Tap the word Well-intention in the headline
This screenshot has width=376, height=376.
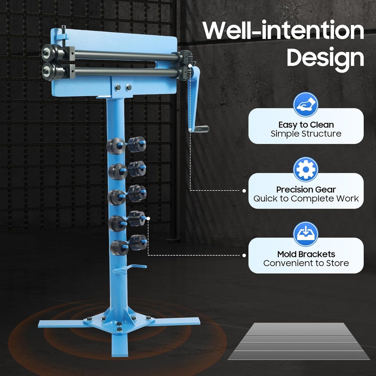pyautogui.click(x=283, y=31)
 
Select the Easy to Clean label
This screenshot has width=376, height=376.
pyautogui.click(x=306, y=125)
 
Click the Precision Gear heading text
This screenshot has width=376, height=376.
pyautogui.click(x=306, y=189)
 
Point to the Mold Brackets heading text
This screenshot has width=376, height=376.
pyautogui.click(x=306, y=254)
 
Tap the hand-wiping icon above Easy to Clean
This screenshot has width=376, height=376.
pyautogui.click(x=305, y=105)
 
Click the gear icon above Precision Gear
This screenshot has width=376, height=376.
pyautogui.click(x=305, y=170)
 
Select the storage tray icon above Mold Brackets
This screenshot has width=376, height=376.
pyautogui.click(x=305, y=234)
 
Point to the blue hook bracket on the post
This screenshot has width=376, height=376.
pyautogui.click(x=130, y=268)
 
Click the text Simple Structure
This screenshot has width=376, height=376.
pyautogui.click(x=306, y=134)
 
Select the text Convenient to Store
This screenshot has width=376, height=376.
pyautogui.click(x=306, y=263)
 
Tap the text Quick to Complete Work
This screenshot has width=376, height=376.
pyautogui.click(x=306, y=199)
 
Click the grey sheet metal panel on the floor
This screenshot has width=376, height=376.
pyautogui.click(x=299, y=341)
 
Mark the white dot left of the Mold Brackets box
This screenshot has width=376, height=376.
pyautogui.click(x=244, y=256)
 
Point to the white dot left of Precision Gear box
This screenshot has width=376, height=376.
pyautogui.click(x=244, y=191)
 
